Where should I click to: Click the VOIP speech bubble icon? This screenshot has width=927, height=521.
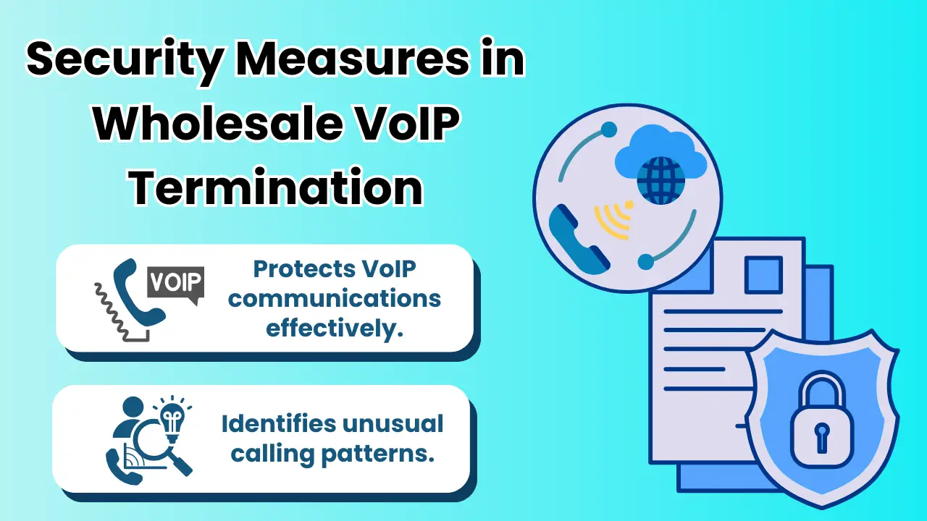click(175, 283)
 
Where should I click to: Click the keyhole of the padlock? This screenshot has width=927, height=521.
click(823, 434)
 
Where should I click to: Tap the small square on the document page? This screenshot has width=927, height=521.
click(763, 276)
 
